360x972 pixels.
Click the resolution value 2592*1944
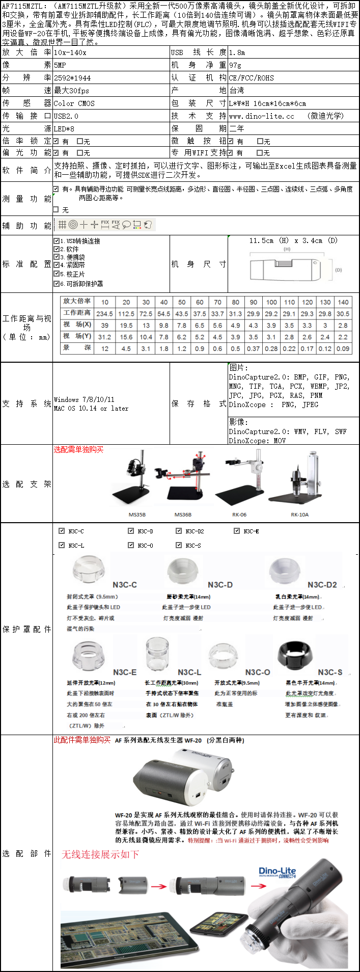click(x=72, y=78)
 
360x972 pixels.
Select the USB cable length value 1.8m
click(x=237, y=52)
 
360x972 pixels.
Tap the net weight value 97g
click(x=235, y=65)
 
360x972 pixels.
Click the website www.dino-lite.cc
click(x=261, y=116)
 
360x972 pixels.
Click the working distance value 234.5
click(x=104, y=314)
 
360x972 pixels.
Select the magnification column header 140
click(x=343, y=302)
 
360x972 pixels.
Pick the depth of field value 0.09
click(x=343, y=348)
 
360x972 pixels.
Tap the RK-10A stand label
click(x=299, y=515)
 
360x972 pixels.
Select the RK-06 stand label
click(x=239, y=515)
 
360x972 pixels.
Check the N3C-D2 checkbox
click(x=179, y=531)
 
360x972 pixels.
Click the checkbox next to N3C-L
click(x=62, y=545)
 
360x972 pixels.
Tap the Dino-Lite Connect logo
click(x=277, y=872)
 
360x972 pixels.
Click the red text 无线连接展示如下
click(x=100, y=854)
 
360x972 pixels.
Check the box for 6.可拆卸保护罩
click(x=57, y=284)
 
